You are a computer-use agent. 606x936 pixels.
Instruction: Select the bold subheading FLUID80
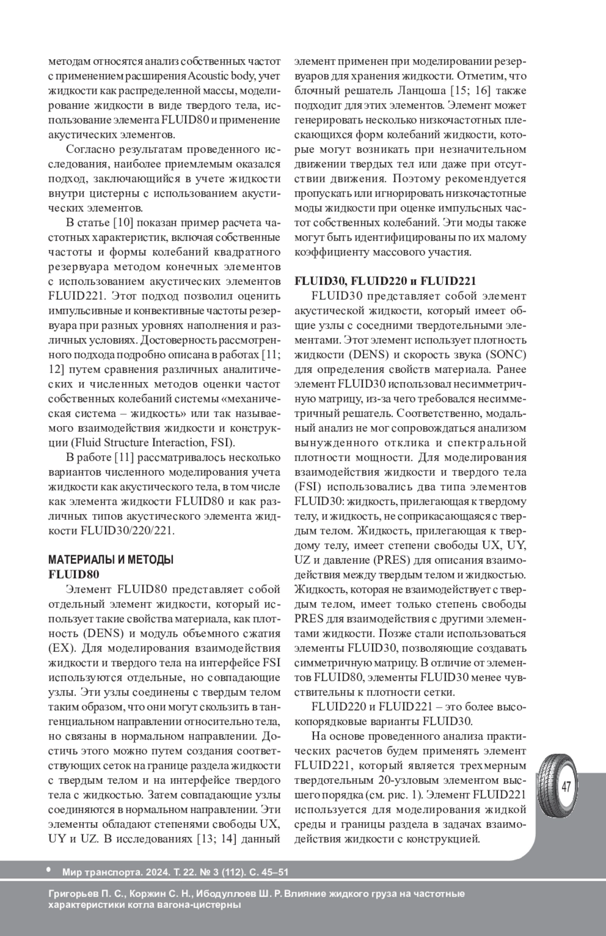pos(73,575)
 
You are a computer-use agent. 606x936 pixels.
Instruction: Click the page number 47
pos(566,786)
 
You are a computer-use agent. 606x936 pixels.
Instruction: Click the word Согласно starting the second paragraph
pos(89,150)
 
